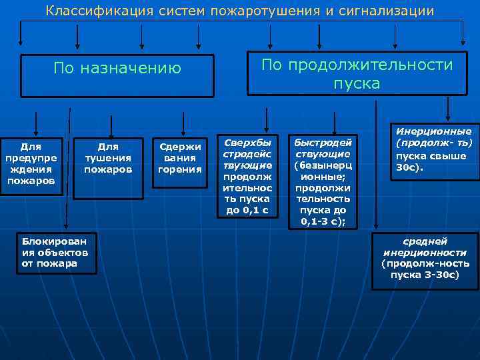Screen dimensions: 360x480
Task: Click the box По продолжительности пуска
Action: coord(357,74)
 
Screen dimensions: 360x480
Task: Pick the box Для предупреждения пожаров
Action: coord(31,167)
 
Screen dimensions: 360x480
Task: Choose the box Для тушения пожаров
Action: coord(108,158)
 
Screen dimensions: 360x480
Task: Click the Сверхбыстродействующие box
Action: coord(247,177)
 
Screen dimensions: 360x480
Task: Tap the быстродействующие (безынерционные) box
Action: coord(323,182)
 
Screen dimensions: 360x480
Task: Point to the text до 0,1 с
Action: coord(247,210)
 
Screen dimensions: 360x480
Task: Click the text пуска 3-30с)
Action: coord(425,274)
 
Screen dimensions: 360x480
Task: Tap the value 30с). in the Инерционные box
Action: coord(410,168)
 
